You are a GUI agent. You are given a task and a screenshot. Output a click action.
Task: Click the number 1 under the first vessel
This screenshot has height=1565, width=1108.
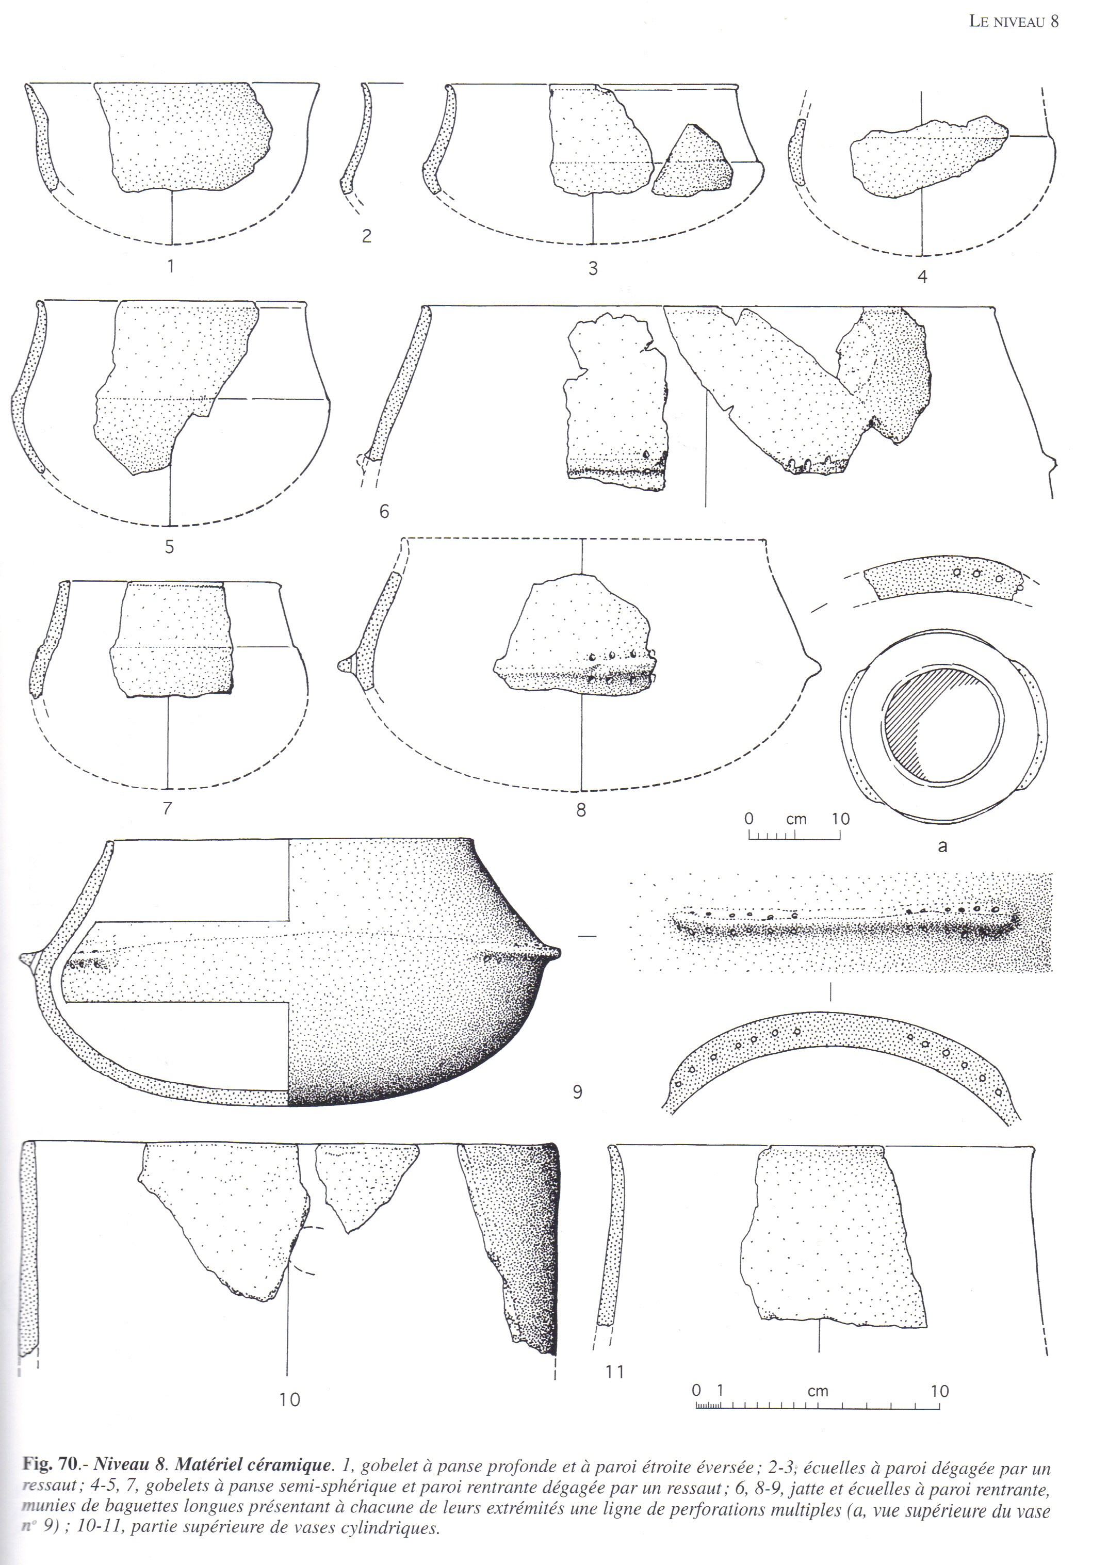(171, 265)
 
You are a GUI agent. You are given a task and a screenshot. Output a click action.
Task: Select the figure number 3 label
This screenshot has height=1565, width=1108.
(593, 269)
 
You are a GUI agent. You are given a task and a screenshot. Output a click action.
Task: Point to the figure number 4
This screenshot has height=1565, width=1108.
(922, 277)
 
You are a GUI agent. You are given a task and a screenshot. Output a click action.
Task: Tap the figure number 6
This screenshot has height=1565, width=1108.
(384, 511)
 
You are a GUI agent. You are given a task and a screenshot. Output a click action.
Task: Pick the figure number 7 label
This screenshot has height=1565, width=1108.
(168, 808)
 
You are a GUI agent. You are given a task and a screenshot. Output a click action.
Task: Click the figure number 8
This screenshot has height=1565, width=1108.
(581, 811)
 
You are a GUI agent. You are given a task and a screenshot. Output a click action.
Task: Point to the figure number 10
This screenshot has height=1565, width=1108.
(290, 1400)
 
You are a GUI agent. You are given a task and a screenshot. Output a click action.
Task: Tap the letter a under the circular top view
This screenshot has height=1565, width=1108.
(943, 846)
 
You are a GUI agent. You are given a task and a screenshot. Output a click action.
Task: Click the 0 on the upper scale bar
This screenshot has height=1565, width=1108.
(748, 818)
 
